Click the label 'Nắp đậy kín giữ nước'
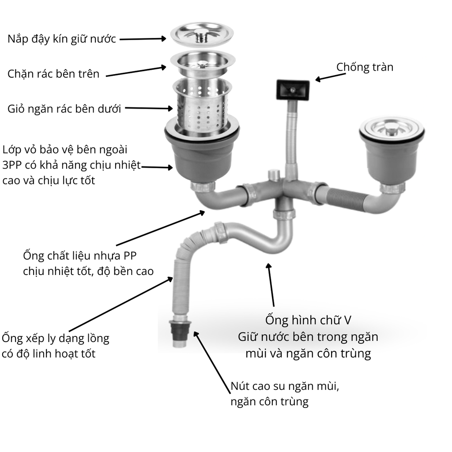[62, 39]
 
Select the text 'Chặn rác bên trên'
[53, 73]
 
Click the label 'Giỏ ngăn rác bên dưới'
[64, 109]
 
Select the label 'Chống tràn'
[365, 67]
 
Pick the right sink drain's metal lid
[392, 128]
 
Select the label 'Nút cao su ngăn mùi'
[284, 387]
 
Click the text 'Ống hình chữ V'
[308, 320]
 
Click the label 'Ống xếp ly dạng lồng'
[56, 339]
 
